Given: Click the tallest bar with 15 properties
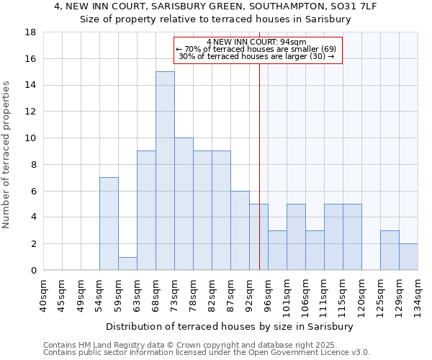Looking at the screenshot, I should [165, 171].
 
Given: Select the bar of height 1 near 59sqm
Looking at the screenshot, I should [127, 264].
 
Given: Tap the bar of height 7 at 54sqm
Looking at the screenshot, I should [109, 223].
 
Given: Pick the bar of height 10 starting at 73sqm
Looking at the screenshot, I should [184, 204].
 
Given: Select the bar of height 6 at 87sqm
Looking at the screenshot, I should [240, 230].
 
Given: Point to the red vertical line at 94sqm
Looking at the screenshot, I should [259, 158].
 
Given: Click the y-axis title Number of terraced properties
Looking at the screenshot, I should [7, 155].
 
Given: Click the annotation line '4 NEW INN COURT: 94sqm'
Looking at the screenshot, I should [256, 42].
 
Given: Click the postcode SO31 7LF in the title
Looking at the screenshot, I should [355, 6].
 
